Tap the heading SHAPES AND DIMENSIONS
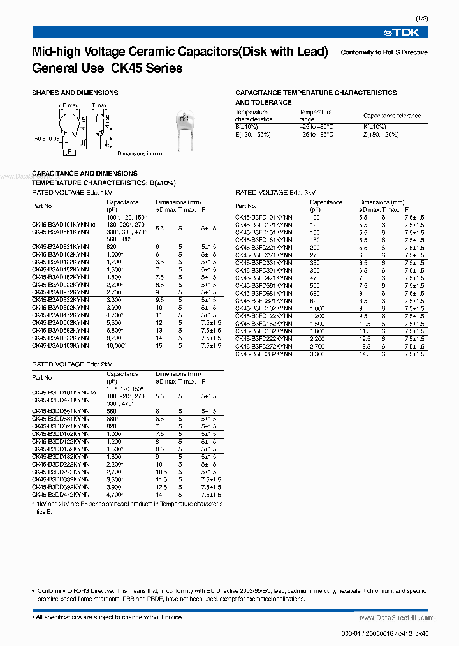(75, 93)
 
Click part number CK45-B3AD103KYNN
(61, 345)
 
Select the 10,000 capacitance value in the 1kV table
(116, 345)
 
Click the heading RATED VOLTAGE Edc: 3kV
(275, 192)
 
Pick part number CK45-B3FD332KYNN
(264, 353)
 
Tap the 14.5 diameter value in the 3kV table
(364, 353)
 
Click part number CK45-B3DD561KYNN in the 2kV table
(61, 412)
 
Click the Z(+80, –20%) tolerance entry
(381, 135)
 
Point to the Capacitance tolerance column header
(392, 116)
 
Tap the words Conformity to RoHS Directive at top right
(384, 52)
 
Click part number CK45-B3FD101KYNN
(264, 218)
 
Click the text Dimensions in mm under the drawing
(140, 153)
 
